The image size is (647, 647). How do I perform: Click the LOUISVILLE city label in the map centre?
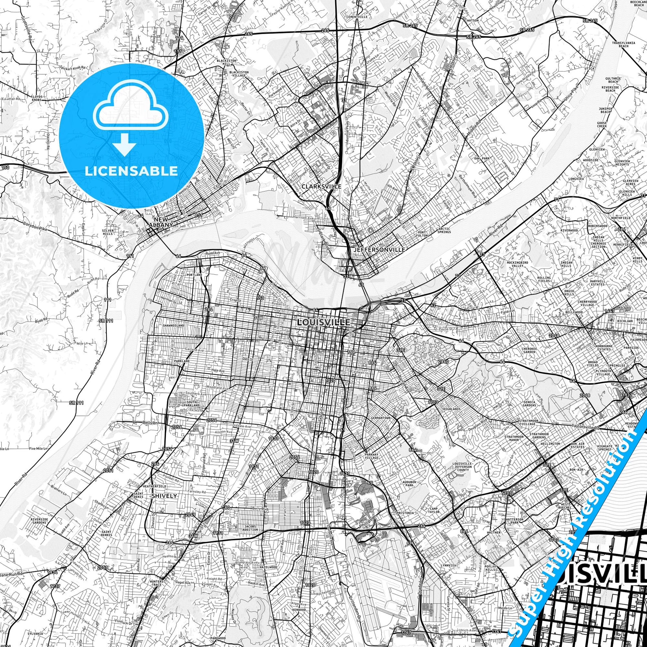coord(323,322)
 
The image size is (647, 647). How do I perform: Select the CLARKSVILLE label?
coord(321,186)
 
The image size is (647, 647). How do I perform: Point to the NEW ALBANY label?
coord(161,222)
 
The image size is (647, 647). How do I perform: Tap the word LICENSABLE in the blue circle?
coord(131,171)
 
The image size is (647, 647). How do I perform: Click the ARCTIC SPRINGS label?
coord(444,230)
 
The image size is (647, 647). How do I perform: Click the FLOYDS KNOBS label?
coord(36,98)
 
